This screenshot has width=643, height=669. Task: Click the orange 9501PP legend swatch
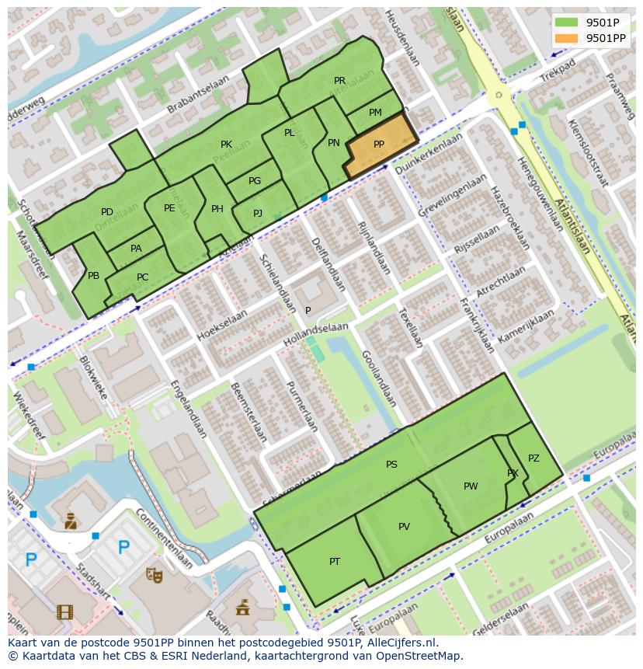567,38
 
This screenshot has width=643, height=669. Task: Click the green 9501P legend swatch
567,22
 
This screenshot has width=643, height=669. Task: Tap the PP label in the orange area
379,145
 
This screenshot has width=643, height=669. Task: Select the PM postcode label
375,113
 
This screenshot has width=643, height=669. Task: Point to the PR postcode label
339,81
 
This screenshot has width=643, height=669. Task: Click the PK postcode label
226,145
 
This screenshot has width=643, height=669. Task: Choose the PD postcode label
107,212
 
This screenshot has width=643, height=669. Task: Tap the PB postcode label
93,276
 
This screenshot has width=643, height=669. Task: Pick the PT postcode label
335,562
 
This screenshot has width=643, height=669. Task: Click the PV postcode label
404,527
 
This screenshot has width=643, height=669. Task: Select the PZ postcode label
534,458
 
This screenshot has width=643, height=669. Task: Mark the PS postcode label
391,465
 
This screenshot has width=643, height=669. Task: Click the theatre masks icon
155,574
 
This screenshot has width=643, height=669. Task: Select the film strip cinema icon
65,612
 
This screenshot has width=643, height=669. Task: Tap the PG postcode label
255,181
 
